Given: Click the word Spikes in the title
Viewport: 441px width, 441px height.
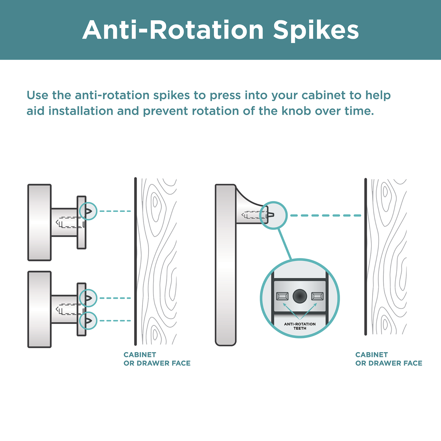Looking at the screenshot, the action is (x=316, y=30).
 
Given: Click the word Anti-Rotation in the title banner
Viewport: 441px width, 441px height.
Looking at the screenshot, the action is (x=173, y=30).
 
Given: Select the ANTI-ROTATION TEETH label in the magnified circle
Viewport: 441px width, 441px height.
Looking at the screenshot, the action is (x=300, y=326).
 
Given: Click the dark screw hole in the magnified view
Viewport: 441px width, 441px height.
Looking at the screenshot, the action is (x=300, y=296).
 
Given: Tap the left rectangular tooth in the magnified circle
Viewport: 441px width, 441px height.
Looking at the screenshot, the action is (x=282, y=296).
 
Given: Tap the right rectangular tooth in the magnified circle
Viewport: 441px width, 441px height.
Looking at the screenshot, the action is (x=317, y=296).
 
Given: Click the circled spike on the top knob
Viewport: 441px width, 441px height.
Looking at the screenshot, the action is (x=88, y=211).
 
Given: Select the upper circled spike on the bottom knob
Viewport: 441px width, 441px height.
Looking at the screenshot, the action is (x=88, y=298).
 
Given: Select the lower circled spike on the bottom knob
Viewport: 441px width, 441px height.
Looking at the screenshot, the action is (x=88, y=321).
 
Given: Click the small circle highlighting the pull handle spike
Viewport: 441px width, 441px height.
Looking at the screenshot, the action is (x=274, y=215).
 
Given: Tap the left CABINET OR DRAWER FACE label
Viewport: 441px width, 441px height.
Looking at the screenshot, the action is (x=157, y=359).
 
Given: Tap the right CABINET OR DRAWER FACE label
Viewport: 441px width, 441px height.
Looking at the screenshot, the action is (x=389, y=359).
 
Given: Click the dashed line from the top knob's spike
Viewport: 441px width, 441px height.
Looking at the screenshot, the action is (x=115, y=211).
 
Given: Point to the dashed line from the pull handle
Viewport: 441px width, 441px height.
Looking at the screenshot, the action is (x=326, y=215).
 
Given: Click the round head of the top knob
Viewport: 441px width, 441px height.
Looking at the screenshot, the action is (x=39, y=223).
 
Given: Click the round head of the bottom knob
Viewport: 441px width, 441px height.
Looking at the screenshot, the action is (x=39, y=309).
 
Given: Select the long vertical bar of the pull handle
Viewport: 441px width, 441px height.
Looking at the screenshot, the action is (x=225, y=265).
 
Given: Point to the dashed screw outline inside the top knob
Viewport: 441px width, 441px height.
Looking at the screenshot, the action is (x=70, y=223).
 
